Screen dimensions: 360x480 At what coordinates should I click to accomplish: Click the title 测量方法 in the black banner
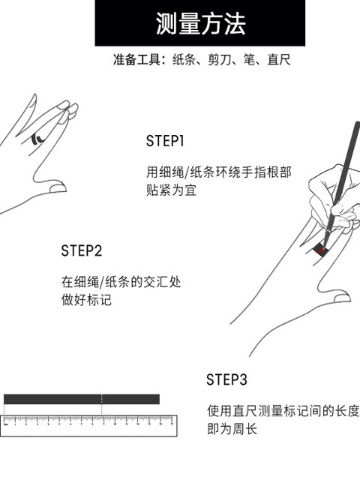point(200,23)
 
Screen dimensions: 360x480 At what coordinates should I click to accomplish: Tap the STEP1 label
point(165,141)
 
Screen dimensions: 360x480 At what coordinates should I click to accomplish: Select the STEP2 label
point(82,250)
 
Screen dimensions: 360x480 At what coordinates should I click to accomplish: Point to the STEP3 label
point(226,379)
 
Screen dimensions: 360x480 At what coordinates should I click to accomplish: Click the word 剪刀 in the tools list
point(219,60)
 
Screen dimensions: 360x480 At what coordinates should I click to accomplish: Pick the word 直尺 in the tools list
point(279,60)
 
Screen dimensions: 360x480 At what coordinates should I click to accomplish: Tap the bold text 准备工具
point(136,60)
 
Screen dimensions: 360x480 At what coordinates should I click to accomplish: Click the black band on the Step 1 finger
point(36,138)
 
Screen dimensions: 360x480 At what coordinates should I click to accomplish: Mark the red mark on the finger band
point(320,251)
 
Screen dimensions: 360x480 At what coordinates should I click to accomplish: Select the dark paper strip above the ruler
point(82,399)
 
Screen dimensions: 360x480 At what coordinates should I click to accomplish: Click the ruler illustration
point(88,425)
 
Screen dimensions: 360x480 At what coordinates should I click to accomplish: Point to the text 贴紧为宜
point(171,190)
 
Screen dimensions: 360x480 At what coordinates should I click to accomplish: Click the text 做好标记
point(86,300)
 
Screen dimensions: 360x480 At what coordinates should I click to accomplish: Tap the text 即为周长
point(232,428)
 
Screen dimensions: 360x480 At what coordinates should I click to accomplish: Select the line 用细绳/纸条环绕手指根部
point(218,172)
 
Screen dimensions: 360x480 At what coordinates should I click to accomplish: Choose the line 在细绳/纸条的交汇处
point(121,282)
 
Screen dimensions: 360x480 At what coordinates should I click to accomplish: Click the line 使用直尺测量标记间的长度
point(283,410)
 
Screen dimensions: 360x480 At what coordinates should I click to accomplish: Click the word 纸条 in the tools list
point(184,60)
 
